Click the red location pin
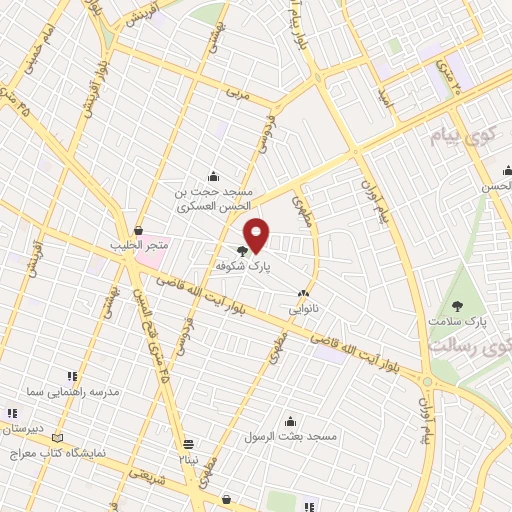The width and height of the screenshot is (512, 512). click(257, 234)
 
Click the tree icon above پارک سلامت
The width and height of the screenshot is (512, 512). click(458, 305)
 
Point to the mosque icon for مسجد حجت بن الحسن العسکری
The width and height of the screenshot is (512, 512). click(212, 175)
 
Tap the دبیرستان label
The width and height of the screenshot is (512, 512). click(19, 428)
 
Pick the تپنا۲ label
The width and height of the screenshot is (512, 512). click(189, 459)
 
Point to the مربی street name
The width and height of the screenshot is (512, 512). click(236, 94)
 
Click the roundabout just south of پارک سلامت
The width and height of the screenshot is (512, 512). click(426, 382)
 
